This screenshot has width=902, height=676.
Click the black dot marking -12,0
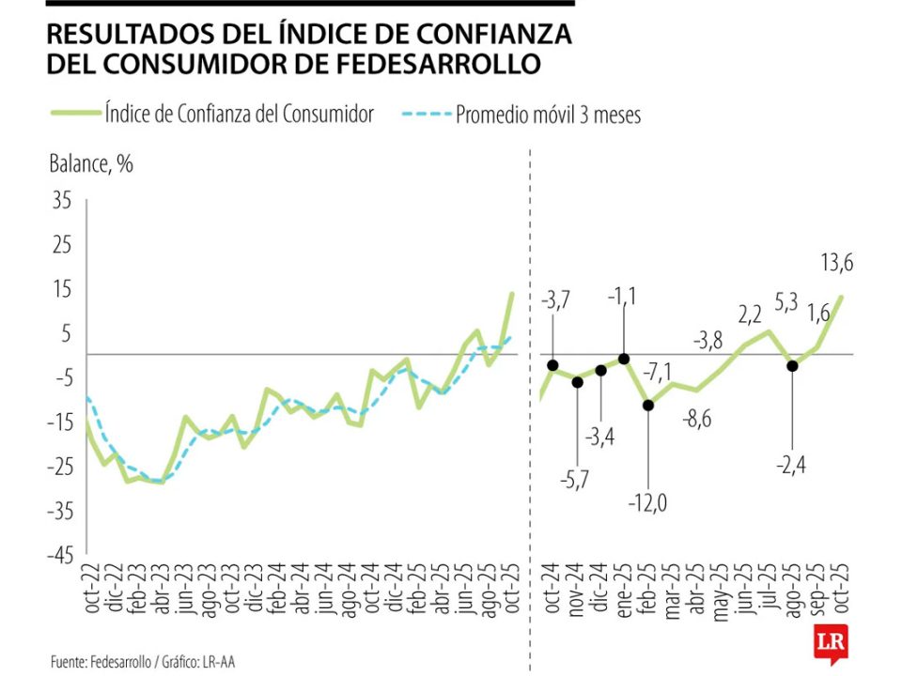coord(648,405)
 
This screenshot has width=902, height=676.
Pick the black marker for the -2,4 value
coord(793,365)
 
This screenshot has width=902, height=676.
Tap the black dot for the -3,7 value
coord(552,365)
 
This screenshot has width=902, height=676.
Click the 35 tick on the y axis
coord(62,200)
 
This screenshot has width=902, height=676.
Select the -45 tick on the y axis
coord(58,555)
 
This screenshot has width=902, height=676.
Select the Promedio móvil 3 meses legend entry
coord(547,115)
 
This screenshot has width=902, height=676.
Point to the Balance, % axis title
coord(90,164)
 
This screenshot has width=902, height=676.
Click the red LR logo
coord(831,649)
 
